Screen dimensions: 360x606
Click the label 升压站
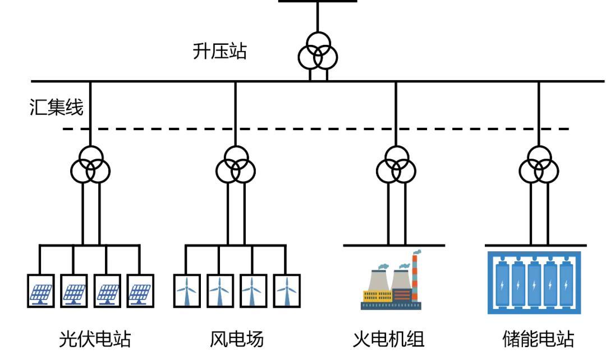[x=219, y=52]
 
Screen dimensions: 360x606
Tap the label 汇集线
[x=56, y=107]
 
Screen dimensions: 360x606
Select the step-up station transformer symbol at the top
[x=318, y=53]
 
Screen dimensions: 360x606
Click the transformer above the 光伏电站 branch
[x=90, y=164]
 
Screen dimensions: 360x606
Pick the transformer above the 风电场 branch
[x=236, y=164]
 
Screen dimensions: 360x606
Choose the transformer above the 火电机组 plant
[x=396, y=164]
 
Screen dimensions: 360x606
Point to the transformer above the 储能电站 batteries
[x=539, y=164]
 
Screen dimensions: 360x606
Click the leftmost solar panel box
[x=40, y=290]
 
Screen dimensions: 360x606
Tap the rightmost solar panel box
[x=140, y=290]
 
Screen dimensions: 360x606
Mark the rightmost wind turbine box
[x=286, y=290]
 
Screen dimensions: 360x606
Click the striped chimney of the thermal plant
[x=415, y=278]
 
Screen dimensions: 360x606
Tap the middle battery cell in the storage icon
[x=534, y=283]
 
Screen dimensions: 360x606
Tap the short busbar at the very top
[x=318, y=1]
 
